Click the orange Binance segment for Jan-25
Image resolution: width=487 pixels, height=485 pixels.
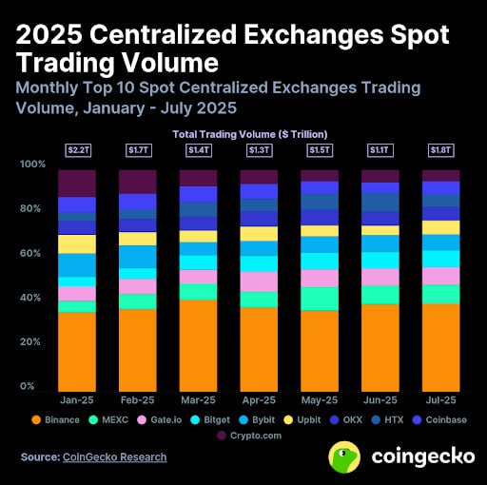coord(77,353)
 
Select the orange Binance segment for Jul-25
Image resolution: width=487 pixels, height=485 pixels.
coord(440,348)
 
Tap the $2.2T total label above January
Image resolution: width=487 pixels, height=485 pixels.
coord(77,150)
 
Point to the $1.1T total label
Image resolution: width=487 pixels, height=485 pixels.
coord(380,150)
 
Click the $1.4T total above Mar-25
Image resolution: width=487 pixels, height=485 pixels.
coord(199,150)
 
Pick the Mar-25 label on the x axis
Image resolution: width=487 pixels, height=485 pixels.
coord(199,400)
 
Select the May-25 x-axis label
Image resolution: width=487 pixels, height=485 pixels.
coord(320,400)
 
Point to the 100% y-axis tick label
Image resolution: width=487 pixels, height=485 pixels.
coord(32,165)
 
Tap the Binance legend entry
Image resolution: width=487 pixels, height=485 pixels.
coord(57,418)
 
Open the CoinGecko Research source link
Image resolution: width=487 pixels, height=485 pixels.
coord(114,456)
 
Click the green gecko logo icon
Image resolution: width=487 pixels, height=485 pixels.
coord(344,456)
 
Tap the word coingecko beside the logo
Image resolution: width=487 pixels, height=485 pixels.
coord(422,456)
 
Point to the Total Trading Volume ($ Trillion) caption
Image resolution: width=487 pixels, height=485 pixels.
coord(243,133)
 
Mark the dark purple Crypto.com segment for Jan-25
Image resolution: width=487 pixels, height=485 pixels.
coord(77,184)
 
